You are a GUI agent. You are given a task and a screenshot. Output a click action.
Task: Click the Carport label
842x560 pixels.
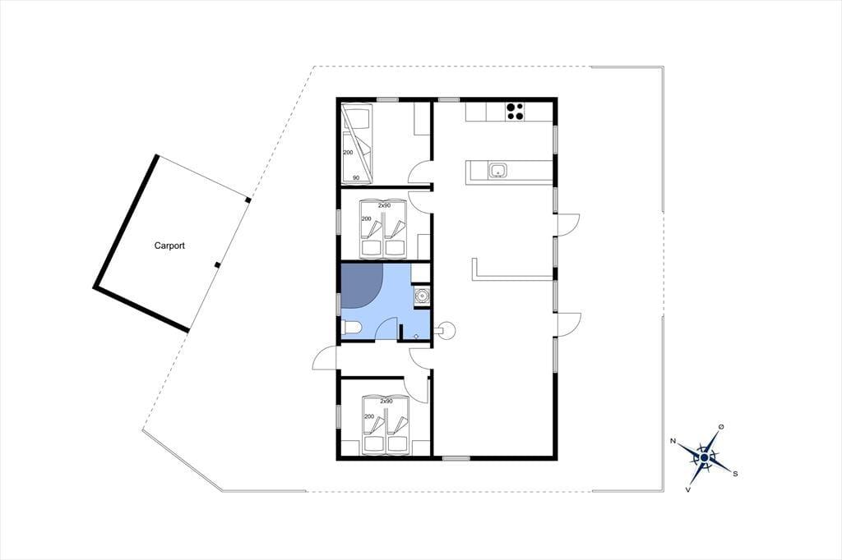[x=169, y=246]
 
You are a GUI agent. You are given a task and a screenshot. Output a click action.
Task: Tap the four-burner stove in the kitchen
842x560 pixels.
[x=515, y=111]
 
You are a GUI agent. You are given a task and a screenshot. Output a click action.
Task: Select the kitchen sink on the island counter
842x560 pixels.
[x=497, y=171]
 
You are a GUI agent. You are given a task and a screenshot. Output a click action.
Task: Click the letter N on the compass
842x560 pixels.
[x=673, y=441]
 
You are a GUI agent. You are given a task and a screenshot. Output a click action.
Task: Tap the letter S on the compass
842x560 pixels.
[x=735, y=474]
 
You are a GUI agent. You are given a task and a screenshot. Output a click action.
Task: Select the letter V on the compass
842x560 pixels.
[x=688, y=489]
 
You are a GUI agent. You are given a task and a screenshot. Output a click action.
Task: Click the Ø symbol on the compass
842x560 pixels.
[x=720, y=427]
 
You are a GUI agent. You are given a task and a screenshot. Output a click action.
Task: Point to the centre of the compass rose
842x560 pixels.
[x=704, y=457]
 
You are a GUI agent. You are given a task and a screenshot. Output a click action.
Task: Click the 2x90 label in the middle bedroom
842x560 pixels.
[x=384, y=205]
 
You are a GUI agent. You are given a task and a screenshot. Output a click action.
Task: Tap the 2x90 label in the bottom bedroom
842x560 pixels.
[x=386, y=401]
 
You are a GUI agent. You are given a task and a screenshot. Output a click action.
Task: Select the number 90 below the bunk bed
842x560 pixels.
[x=355, y=177]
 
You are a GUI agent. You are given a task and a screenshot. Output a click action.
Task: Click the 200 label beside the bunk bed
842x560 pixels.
[x=348, y=153]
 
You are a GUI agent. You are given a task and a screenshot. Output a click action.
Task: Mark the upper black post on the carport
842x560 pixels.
[x=248, y=200]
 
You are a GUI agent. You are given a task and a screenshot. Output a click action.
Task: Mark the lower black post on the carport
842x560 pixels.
[x=217, y=264]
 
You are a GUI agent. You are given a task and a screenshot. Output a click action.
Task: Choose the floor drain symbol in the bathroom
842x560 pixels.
[x=416, y=336]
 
